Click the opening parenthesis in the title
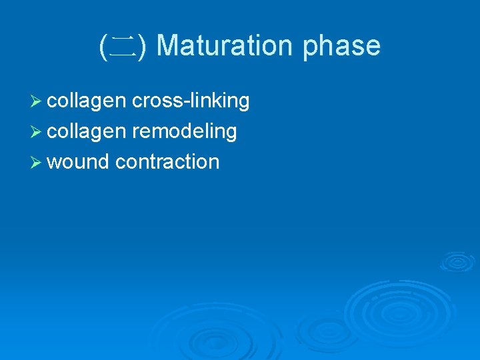coord(103,47)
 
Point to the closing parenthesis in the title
coord(145,47)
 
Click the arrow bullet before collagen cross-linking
coord(37,101)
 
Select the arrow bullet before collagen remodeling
coord(37,131)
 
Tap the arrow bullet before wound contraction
coord(37,162)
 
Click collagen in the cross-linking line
coord(87,101)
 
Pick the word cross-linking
coord(191,101)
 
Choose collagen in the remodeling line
coord(87,131)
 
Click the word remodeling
coord(184,131)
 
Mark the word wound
coord(78,162)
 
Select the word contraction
coord(167,162)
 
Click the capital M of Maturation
coord(167,46)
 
